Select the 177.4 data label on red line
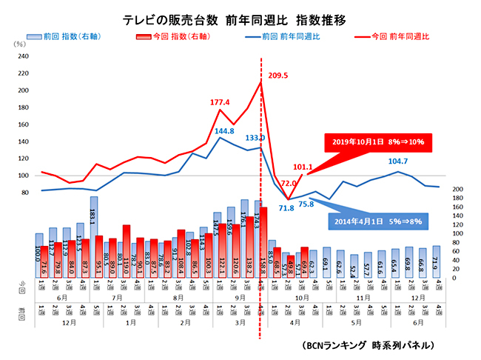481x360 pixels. tap(221, 102)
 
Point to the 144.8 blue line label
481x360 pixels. tap(224, 131)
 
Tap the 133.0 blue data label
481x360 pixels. tap(256, 137)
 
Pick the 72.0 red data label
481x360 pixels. tap(289, 183)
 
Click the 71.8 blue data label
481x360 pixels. tap(286, 209)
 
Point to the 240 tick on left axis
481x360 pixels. tap(22, 57)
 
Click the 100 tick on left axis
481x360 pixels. tap(22, 176)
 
